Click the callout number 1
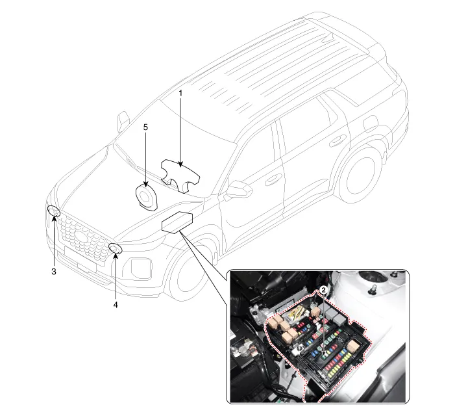point(180,93)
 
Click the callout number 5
point(145,127)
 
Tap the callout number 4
point(116,304)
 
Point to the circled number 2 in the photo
point(323,292)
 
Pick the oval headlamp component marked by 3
point(54,211)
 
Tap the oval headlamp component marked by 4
point(116,248)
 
